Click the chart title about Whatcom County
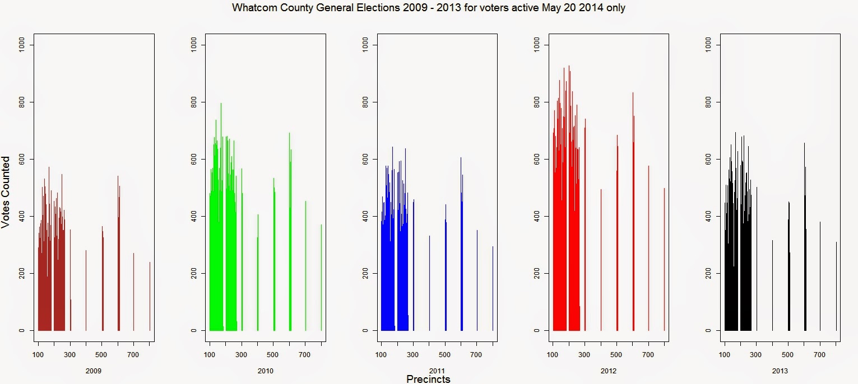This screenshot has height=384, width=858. pos(428,8)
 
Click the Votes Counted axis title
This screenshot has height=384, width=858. pos(6,191)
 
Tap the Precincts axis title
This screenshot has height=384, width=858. pos(428,379)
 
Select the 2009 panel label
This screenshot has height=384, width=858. pos(94,371)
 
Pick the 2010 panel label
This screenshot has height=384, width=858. pos(265,371)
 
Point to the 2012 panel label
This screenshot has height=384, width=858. pos(608,371)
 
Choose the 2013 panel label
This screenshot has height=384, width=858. pos(780,371)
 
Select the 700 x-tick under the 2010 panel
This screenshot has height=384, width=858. pos(305,354)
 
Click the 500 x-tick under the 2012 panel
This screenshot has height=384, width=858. pos(616,354)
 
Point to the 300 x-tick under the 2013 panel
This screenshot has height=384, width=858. pos(757,354)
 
